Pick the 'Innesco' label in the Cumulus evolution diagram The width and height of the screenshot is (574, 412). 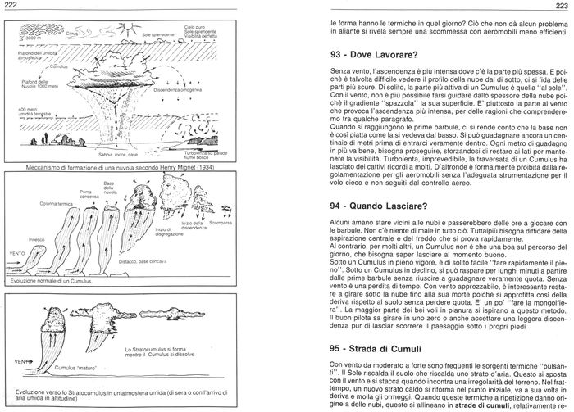click(x=36, y=239)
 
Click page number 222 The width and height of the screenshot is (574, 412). click(x=11, y=6)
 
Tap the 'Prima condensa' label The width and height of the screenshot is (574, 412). click(x=84, y=194)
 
